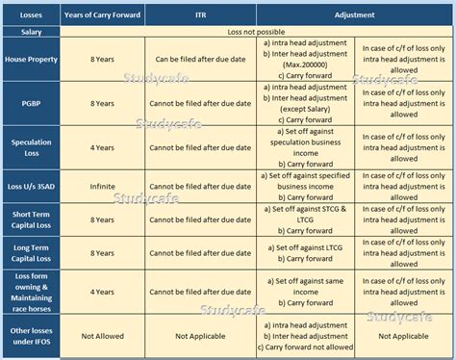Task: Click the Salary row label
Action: [x=30, y=32]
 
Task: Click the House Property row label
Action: [x=30, y=59]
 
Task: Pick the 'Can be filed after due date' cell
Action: [x=200, y=59]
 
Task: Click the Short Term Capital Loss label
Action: [x=30, y=217]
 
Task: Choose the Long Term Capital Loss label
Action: [x=30, y=252]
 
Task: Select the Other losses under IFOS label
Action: [x=30, y=336]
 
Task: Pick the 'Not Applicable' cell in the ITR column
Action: [x=200, y=336]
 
